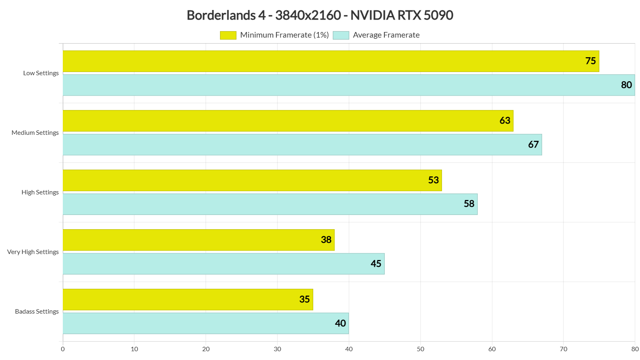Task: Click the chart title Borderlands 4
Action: point(320,15)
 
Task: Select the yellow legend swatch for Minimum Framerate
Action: point(228,35)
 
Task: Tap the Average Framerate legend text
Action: point(386,35)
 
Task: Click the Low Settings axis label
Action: point(41,73)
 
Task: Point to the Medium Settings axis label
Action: point(35,133)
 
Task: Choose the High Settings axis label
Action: point(40,192)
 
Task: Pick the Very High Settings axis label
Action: point(33,252)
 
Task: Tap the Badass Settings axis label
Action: point(37,312)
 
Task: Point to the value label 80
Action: point(626,85)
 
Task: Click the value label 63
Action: point(505,120)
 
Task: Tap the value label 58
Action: point(469,204)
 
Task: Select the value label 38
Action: point(326,240)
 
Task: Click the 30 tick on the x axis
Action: point(277,349)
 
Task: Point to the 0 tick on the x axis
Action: point(63,349)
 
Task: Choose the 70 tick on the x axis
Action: point(563,349)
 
